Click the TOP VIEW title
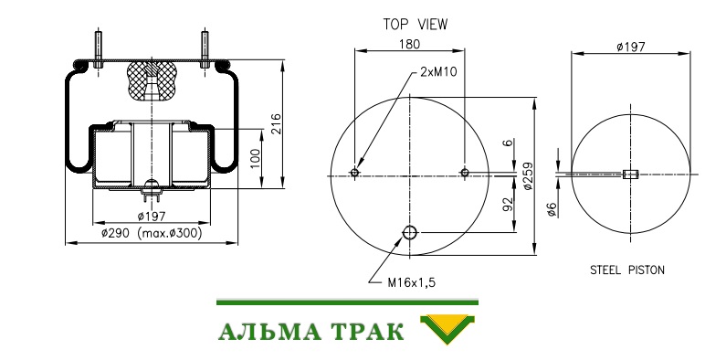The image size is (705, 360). (415, 25)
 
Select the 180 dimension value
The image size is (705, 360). (409, 44)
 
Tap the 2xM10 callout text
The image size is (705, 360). (438, 72)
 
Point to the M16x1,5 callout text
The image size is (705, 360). (411, 282)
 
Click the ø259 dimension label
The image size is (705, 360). (529, 176)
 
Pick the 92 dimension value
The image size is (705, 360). (508, 205)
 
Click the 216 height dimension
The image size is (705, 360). (275, 123)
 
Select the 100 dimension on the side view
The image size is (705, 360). (255, 158)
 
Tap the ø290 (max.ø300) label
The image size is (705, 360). (152, 233)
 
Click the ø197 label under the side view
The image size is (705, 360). (152, 217)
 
